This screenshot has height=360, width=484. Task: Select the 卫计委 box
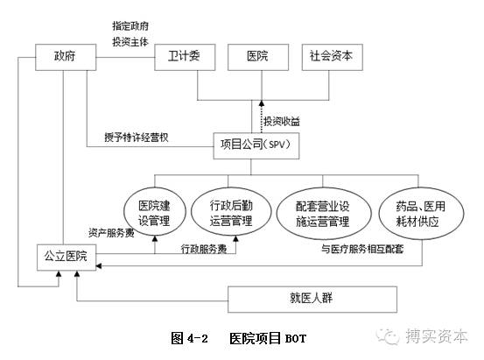[184, 57]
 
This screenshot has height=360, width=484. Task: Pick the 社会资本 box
[332, 57]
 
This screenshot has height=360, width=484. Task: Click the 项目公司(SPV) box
[258, 144]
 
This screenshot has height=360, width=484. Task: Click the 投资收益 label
[287, 119]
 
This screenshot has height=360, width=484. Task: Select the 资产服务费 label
[111, 233]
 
